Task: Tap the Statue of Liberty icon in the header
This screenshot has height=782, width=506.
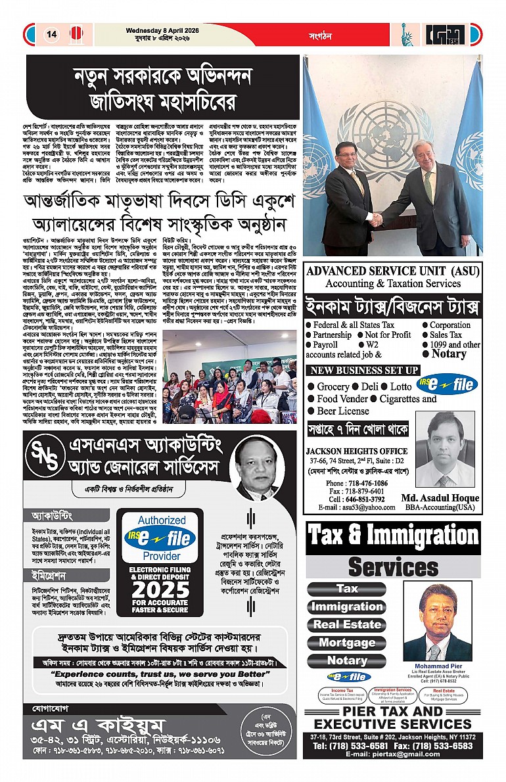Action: [409, 34]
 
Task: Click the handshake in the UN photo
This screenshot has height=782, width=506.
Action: [375, 219]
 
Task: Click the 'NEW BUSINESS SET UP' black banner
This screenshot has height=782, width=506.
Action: [363, 371]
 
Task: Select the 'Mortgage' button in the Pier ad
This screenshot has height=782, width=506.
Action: [347, 642]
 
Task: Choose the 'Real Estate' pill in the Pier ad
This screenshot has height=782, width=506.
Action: [347, 624]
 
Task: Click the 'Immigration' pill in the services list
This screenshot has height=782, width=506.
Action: [347, 607]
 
